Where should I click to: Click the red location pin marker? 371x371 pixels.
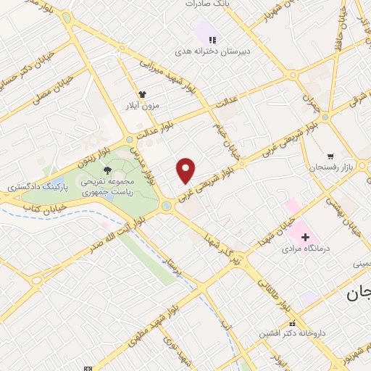pyautogui.click(x=186, y=170)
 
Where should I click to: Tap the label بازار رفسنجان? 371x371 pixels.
pyautogui.click(x=349, y=167)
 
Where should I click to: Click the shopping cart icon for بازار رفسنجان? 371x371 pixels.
pyautogui.click(x=330, y=155)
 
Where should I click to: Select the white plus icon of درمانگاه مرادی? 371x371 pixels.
pyautogui.click(x=305, y=237)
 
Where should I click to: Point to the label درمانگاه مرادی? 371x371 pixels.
pyautogui.click(x=304, y=249)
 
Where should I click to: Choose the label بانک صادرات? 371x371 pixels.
pyautogui.click(x=207, y=4)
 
